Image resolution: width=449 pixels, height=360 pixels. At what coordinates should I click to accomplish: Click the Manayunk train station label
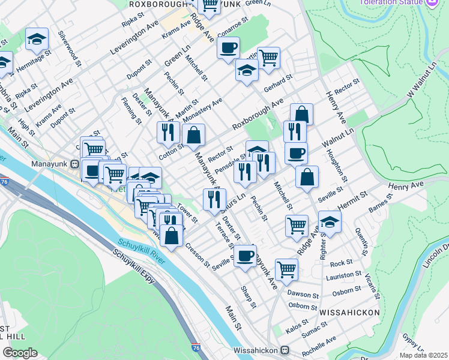click(x=52, y=163)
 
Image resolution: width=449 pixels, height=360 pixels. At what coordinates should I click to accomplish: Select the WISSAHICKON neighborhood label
click(x=349, y=313)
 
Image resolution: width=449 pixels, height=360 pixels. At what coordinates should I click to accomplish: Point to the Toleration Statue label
click(x=397, y=2)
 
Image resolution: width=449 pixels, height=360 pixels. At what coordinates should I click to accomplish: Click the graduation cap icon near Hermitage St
click(x=37, y=40)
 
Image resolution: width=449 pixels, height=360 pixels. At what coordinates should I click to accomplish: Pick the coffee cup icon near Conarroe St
click(x=228, y=48)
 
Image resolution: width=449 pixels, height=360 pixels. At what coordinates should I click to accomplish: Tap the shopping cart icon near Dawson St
click(x=286, y=269)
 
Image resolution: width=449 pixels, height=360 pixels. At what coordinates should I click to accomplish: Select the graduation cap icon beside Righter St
click(x=329, y=221)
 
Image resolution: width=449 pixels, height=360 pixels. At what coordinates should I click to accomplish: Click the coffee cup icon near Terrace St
click(x=244, y=256)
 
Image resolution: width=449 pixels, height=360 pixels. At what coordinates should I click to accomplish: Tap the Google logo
click(x=20, y=352)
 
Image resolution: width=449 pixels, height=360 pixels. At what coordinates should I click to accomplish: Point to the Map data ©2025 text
click(x=423, y=355)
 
